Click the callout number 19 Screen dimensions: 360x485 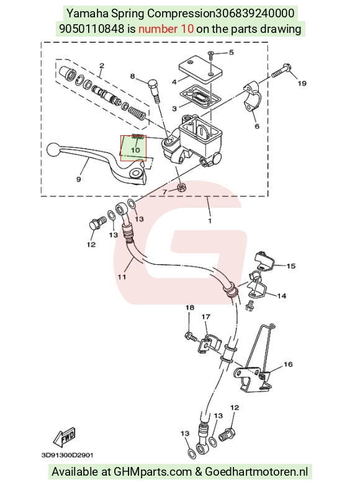coord(302,83)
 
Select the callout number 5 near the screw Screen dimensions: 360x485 coord(232,52)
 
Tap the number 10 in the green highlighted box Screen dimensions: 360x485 coord(135,150)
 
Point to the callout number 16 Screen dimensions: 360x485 coord(288,364)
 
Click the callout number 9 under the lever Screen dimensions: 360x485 coord(78,179)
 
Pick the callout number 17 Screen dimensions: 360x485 coord(206,317)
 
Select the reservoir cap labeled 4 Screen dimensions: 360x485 coord(200,69)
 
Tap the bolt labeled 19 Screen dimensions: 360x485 coord(281,71)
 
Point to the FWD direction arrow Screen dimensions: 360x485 coord(64,437)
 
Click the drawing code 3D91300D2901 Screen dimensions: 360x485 coord(67,455)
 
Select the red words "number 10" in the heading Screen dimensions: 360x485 coord(166,29)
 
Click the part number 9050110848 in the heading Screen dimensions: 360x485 coord(91,29)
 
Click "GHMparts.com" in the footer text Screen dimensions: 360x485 coord(153,472)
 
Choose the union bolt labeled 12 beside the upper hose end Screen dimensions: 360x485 coord(97,224)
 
